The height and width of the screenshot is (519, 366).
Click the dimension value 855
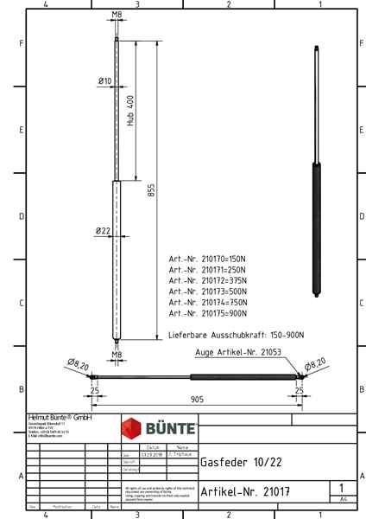151,192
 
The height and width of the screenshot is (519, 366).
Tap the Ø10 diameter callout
104,80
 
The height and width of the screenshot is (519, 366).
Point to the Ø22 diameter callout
103,231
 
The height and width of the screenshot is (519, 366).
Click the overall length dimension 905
198,400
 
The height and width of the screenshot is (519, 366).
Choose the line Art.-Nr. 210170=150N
208,259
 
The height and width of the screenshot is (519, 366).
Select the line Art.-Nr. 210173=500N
208,292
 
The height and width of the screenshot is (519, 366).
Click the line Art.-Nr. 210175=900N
208,313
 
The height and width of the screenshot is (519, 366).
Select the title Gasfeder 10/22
232,462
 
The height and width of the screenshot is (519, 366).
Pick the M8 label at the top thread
117,15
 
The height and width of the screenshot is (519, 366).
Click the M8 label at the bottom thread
117,354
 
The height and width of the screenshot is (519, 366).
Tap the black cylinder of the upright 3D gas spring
317,229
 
